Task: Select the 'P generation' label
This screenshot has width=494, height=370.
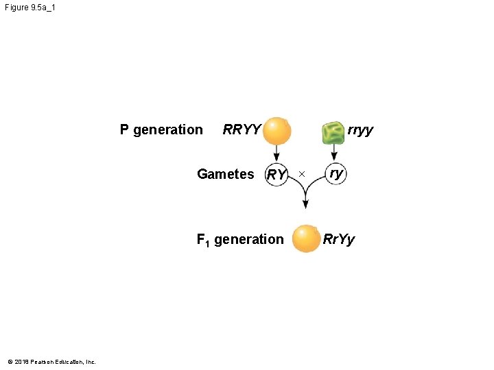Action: (x=161, y=129)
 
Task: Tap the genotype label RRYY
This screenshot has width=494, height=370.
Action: (x=242, y=129)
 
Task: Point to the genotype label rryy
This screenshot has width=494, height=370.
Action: (x=360, y=129)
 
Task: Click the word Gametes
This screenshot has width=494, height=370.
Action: (x=225, y=174)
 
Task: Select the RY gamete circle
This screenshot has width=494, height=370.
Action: (x=276, y=175)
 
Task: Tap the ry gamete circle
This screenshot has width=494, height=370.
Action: (x=335, y=173)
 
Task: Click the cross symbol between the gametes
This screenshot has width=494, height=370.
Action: (x=301, y=175)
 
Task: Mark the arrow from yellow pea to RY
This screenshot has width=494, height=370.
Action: (x=277, y=154)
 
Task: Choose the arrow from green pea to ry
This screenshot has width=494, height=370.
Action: (x=334, y=153)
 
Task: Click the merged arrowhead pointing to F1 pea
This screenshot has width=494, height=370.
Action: (x=305, y=203)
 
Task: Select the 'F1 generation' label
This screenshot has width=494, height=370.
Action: (x=239, y=239)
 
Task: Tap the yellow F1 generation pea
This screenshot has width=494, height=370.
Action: (x=305, y=238)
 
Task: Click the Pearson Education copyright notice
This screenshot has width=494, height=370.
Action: (x=51, y=362)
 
